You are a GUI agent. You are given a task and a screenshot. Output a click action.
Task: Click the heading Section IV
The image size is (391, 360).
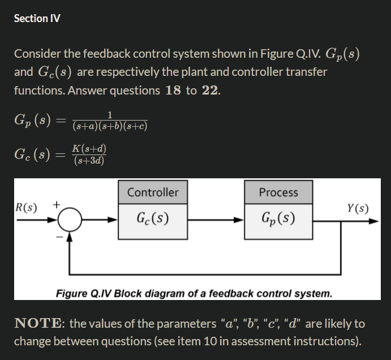click(x=37, y=18)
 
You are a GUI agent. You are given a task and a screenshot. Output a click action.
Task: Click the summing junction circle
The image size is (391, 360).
click(x=70, y=218)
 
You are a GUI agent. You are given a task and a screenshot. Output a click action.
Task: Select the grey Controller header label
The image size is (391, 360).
click(x=153, y=192)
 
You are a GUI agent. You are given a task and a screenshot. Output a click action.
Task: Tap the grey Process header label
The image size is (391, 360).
click(x=278, y=192)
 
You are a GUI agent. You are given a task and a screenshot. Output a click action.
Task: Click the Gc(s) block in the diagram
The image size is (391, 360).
click(x=153, y=218)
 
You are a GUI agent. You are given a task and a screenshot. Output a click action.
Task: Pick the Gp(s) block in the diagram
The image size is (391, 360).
click(x=278, y=218)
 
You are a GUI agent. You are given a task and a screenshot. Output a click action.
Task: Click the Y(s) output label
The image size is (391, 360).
click(x=358, y=208)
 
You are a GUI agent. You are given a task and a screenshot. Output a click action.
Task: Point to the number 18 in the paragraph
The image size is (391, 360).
click(x=173, y=91)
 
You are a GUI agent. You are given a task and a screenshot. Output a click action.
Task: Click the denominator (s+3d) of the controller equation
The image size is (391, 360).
click(x=89, y=161)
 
